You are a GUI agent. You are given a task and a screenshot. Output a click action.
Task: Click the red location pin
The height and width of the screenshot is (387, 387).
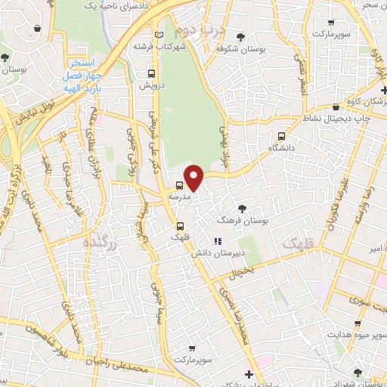click(x=195, y=177)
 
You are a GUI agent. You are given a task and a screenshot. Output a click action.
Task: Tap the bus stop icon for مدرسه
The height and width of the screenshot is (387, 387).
click(x=180, y=184)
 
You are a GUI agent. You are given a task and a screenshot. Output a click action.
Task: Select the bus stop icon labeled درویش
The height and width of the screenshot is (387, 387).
click(x=152, y=73)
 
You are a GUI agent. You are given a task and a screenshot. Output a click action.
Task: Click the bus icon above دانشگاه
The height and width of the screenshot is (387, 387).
click(x=282, y=136)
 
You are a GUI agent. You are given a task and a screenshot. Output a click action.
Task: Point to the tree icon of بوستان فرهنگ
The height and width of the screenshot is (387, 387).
click(x=242, y=209)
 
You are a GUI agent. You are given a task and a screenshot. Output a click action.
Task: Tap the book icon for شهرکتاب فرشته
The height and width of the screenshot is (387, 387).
click(x=158, y=36)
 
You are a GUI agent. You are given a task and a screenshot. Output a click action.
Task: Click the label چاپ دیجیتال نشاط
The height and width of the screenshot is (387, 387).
click(x=319, y=118)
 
